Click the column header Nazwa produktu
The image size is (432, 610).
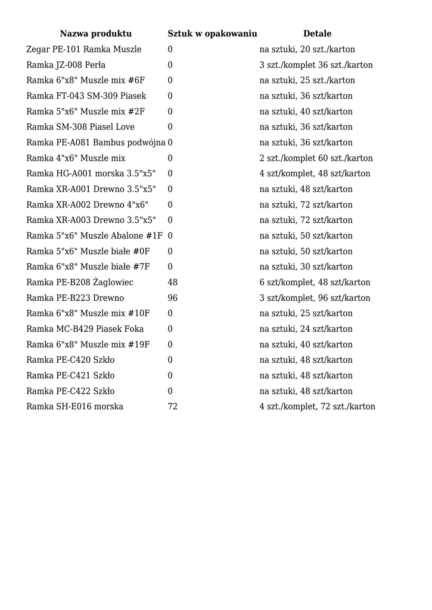95,34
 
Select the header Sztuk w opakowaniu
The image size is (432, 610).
212,34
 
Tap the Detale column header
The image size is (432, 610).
317,34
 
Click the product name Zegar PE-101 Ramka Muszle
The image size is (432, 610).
84,49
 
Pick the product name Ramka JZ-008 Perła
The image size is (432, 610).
66,65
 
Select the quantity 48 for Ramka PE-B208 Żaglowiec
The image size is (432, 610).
173,282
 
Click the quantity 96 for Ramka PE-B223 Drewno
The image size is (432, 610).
173,298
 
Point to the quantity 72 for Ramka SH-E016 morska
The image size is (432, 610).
173,406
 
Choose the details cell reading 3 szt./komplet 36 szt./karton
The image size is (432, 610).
316,65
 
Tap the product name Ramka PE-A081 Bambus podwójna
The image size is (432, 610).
96,142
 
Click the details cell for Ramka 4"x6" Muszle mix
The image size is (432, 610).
316,158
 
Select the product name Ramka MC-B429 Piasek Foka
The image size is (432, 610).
85,329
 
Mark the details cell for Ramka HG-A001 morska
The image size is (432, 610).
315,173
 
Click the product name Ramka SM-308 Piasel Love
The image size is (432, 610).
80,127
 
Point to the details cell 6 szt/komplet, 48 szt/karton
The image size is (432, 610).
315,282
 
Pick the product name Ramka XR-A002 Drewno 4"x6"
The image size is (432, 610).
88,204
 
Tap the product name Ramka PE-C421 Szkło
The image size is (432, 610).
71,375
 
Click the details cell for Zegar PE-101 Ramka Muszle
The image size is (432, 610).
307,49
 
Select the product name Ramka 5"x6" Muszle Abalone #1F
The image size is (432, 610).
94,236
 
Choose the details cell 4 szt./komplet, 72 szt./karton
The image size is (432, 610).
317,406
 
